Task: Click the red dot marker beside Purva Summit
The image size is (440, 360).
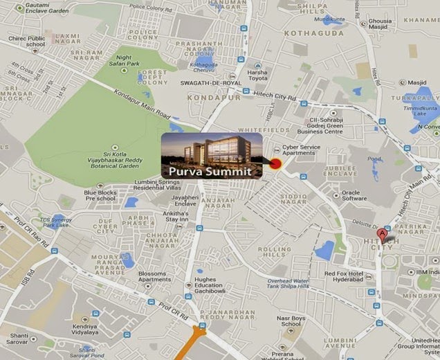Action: click(275, 164)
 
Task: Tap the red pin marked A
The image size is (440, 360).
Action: click(383, 233)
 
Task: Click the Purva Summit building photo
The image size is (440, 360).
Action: click(211, 149)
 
